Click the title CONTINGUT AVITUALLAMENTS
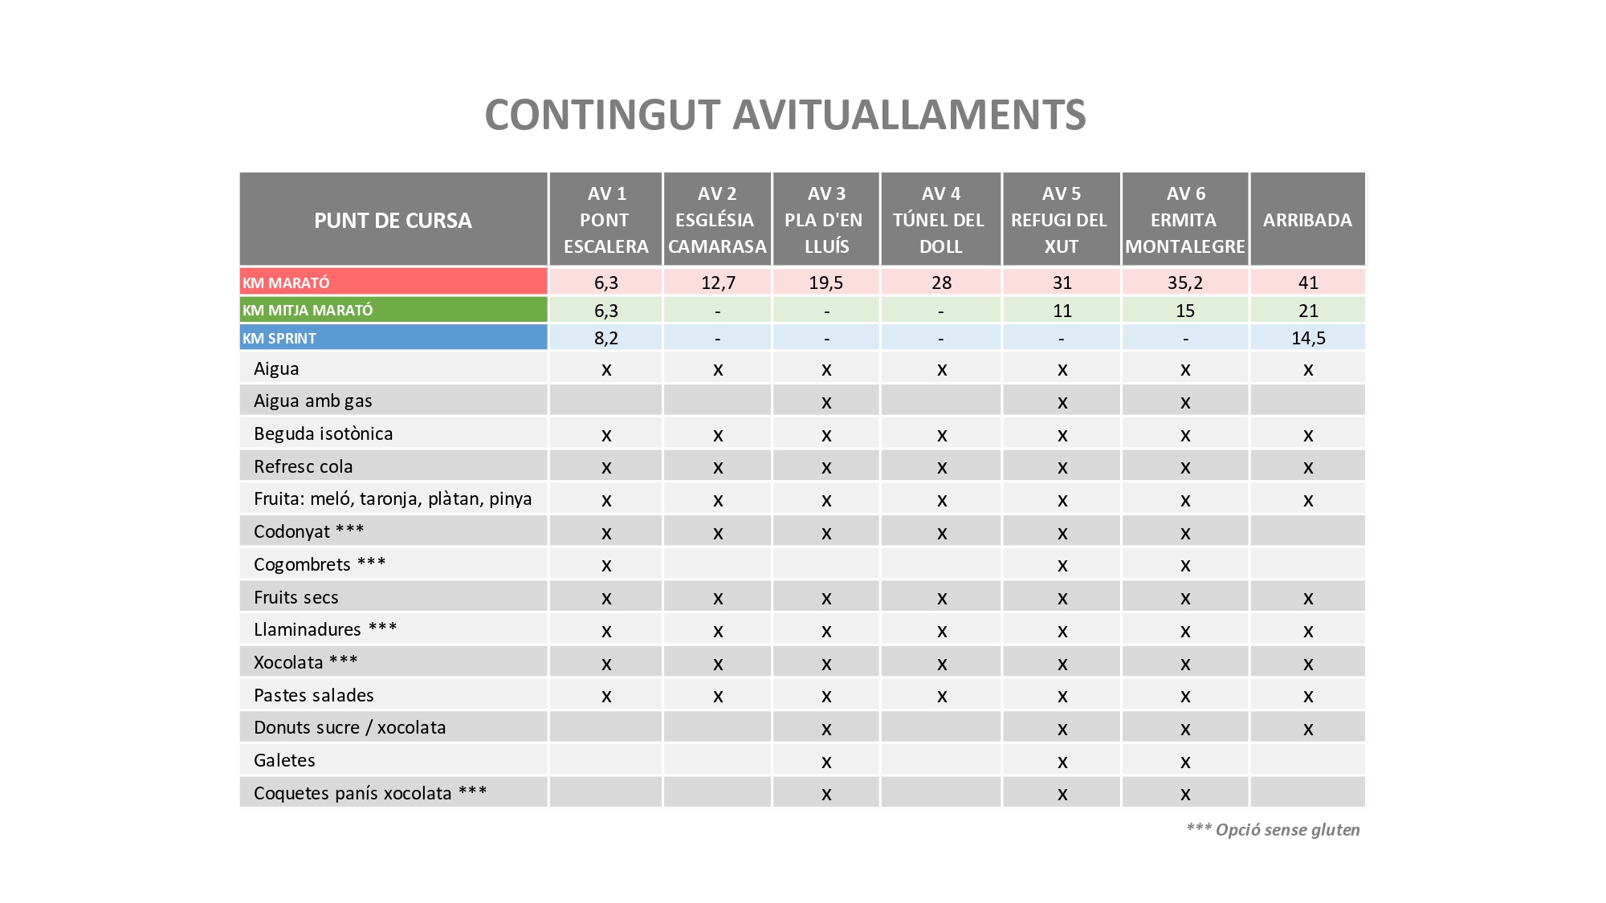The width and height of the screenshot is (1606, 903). click(785, 115)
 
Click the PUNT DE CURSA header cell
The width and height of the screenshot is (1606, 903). click(393, 220)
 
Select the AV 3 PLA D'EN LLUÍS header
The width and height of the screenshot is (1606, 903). click(826, 220)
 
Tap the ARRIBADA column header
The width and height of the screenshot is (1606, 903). click(1307, 220)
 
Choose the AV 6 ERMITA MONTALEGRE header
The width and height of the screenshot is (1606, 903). click(1185, 220)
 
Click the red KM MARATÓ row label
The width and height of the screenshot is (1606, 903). click(287, 283)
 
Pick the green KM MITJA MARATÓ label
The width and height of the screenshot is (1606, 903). click(308, 310)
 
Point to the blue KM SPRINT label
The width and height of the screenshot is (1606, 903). click(279, 338)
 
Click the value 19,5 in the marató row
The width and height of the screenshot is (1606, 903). click(826, 283)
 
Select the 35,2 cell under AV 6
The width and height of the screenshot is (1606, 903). click(1185, 283)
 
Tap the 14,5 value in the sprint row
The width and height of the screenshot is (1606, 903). click(1308, 338)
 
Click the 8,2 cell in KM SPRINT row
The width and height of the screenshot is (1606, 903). click(606, 338)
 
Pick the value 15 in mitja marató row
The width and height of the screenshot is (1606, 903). click(1185, 311)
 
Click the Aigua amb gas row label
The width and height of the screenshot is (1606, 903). click(313, 401)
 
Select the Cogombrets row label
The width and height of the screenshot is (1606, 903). click(319, 564)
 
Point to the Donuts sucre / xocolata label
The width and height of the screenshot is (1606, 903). click(349, 727)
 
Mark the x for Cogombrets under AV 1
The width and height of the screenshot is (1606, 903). click(606, 565)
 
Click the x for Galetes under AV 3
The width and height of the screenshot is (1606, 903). click(826, 761)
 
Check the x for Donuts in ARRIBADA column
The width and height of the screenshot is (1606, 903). click(1308, 729)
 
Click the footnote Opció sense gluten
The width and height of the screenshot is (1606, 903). click(1273, 830)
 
